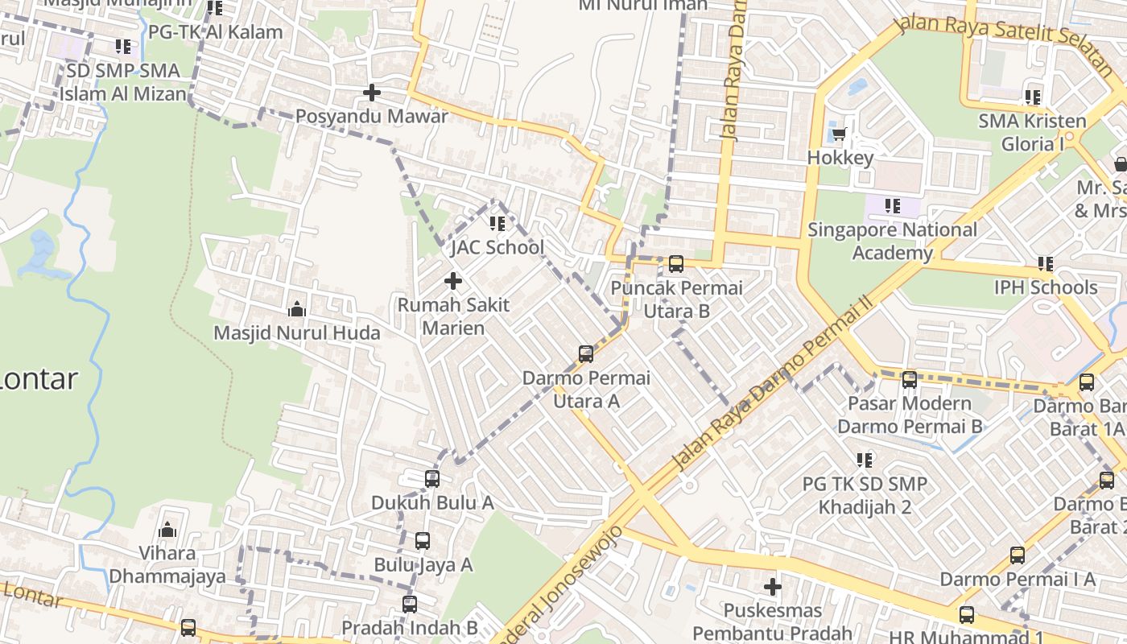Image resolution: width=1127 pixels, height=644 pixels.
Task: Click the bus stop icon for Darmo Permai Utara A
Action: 586,353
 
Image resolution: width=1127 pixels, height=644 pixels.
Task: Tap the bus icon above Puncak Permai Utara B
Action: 676,263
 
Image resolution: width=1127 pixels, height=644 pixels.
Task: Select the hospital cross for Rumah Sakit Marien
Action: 453,281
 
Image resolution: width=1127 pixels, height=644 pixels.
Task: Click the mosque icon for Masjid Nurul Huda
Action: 296,309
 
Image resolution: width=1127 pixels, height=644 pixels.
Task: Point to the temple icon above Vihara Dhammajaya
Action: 167,529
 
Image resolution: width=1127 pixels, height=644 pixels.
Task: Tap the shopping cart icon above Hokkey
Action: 840,134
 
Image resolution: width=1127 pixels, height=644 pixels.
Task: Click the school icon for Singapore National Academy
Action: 892,206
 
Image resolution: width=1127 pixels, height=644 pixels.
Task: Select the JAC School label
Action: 497,247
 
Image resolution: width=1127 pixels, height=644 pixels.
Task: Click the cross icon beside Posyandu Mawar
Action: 371,93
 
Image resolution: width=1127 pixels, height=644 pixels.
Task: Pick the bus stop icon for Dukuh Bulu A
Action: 432,479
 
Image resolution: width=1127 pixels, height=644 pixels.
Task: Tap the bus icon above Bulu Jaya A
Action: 423,541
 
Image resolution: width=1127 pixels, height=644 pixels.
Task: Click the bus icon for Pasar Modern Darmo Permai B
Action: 910,379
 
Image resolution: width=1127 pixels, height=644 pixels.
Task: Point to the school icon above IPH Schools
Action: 1045,263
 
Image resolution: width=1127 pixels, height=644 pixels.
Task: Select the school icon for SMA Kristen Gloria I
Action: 1032,97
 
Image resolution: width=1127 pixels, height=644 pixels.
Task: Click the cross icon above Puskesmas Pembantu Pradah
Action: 772,587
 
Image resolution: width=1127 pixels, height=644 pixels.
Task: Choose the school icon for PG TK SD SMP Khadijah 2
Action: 865,460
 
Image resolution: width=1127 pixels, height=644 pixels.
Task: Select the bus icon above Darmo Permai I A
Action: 1018,555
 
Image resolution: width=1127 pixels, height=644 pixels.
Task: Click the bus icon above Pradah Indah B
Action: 410,604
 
